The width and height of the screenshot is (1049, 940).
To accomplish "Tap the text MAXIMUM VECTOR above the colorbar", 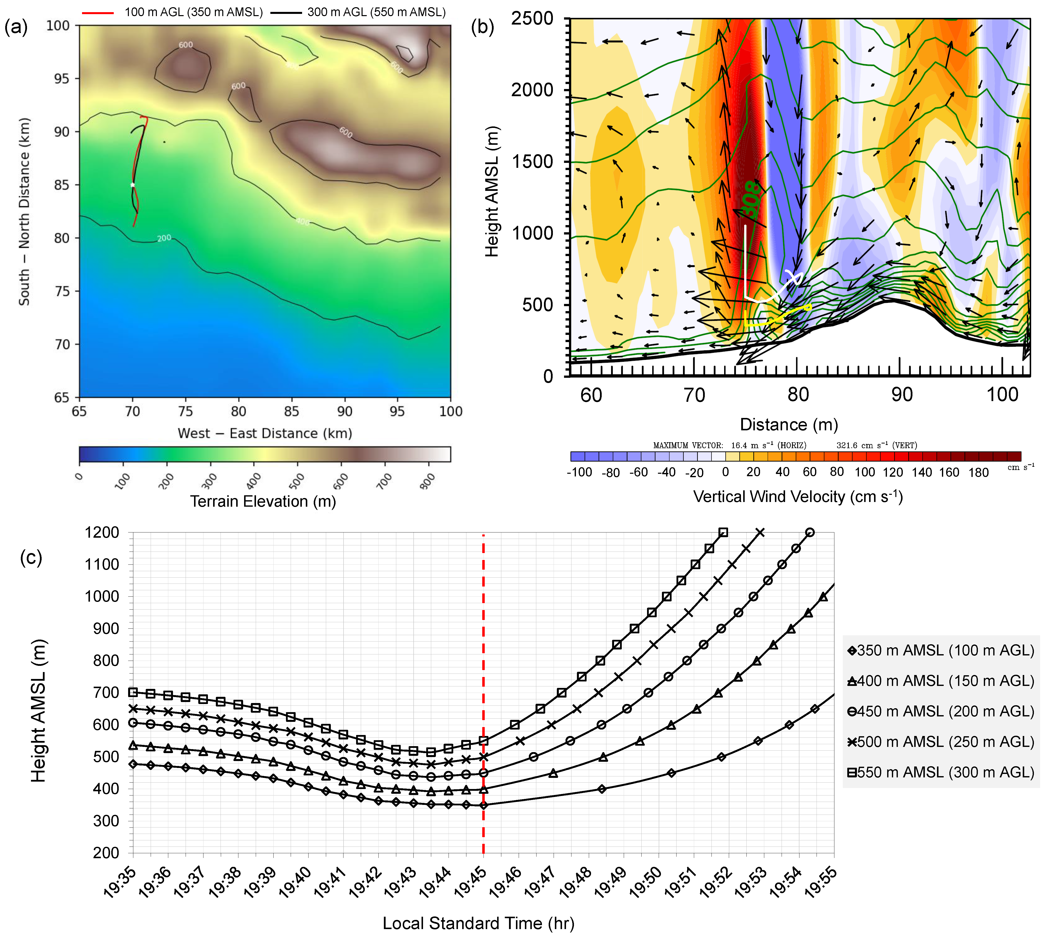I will (688, 445).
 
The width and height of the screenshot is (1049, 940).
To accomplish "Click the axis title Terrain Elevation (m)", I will (263, 501).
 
